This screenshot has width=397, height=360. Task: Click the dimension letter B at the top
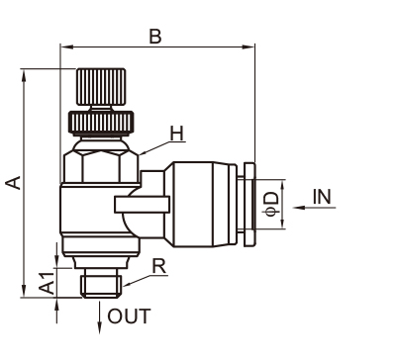tap(155, 37)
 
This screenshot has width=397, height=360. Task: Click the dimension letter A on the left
tap(14, 183)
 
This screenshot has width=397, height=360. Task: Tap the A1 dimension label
tap(47, 283)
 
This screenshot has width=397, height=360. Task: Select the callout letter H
tap(176, 134)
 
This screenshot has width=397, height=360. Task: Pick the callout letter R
tap(159, 266)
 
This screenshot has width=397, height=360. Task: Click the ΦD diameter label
tap(272, 204)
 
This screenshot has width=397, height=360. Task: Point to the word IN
tap(322, 197)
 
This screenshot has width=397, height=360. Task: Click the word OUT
tap(129, 316)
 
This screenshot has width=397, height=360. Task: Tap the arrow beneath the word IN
tap(314, 208)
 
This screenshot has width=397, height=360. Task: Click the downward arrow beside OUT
tap(99, 316)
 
